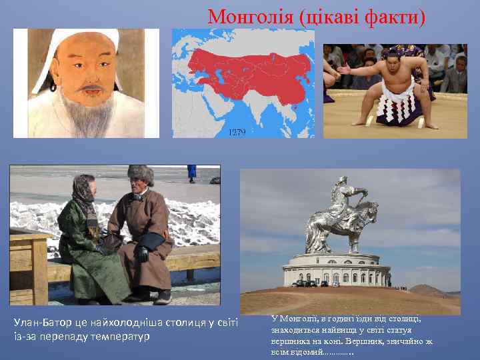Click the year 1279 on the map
click(237, 132)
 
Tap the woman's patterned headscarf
click(83, 190)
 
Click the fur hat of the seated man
click(141, 175)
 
